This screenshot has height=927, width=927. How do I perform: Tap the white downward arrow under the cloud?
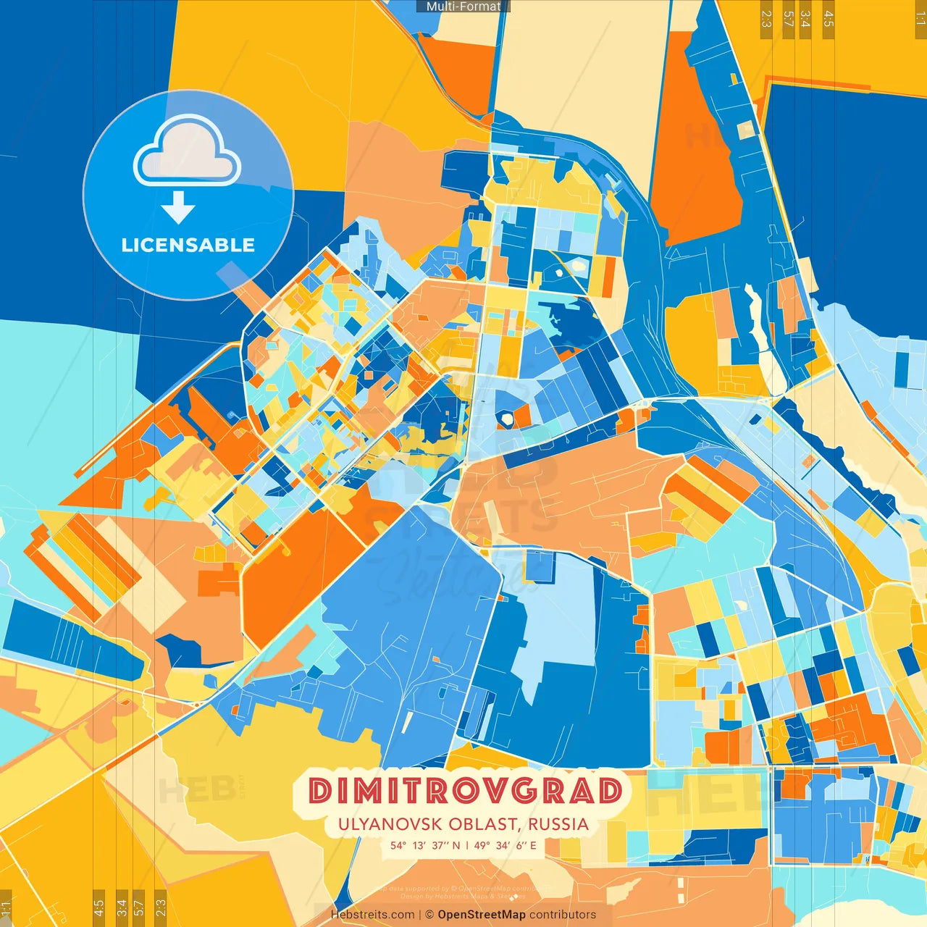pyautogui.click(x=178, y=208)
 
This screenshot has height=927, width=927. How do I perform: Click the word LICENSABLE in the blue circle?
pyautogui.click(x=188, y=245)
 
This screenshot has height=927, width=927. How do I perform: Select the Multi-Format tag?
pyautogui.click(x=463, y=7)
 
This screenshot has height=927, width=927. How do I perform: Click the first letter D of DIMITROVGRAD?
pyautogui.click(x=320, y=791)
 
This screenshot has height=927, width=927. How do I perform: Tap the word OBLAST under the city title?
pyautogui.click(x=484, y=824)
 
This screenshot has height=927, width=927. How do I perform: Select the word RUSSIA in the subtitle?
pyautogui.click(x=558, y=824)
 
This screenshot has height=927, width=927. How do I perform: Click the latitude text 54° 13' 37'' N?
pyautogui.click(x=424, y=845)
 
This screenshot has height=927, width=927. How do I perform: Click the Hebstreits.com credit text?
pyautogui.click(x=372, y=915)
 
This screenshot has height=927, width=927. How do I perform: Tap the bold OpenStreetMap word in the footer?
pyautogui.click(x=482, y=915)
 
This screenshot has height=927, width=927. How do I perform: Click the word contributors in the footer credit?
pyautogui.click(x=563, y=915)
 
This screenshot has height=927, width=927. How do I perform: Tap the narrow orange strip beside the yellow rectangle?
pyautogui.click(x=608, y=277)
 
